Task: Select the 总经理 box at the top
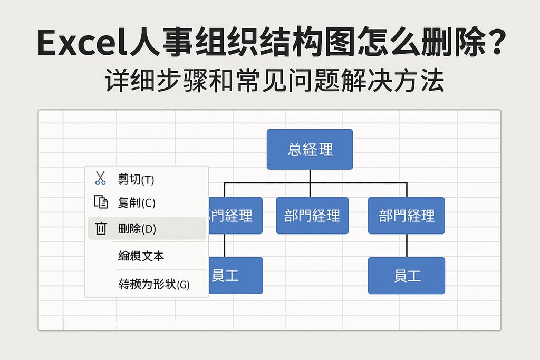(310, 149)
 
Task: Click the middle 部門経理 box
(312, 215)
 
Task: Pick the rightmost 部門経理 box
(406, 215)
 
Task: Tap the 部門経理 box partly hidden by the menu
(235, 215)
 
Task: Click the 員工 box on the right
(406, 275)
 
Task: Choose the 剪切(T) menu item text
(136, 180)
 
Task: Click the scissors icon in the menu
(100, 179)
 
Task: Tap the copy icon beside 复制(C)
(100, 202)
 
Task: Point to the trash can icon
(100, 228)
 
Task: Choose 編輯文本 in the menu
(141, 256)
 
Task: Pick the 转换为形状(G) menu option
(153, 285)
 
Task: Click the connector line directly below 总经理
(310, 176)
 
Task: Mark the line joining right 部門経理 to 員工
(407, 246)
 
